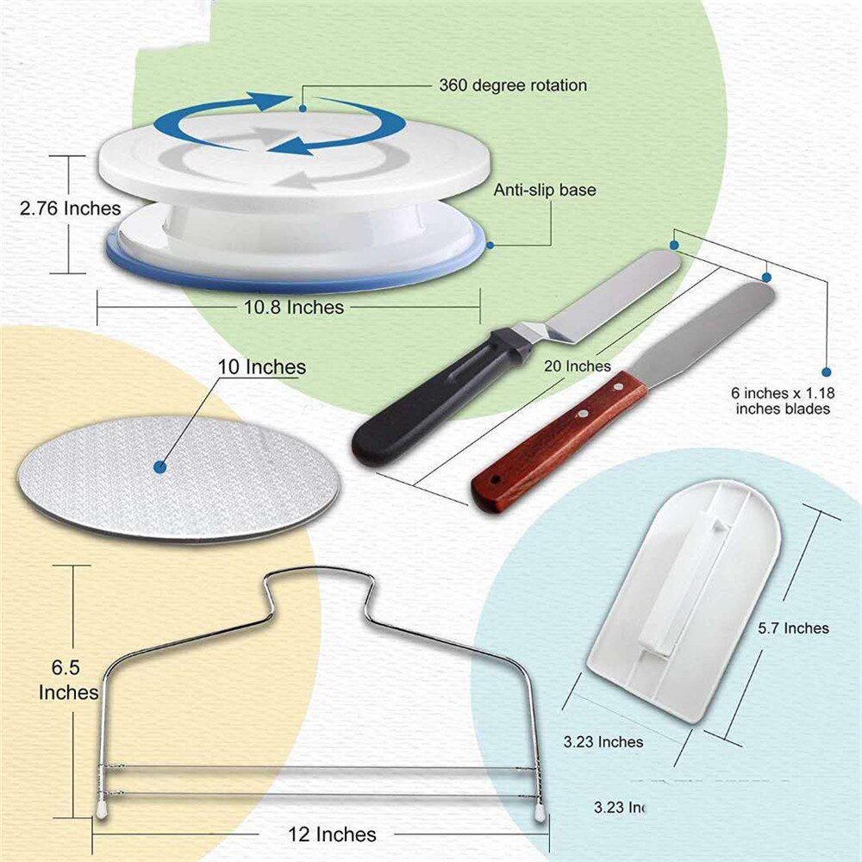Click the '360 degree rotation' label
(x=513, y=85)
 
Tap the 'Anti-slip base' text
(x=544, y=190)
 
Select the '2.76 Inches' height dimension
(x=71, y=208)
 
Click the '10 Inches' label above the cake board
(x=261, y=366)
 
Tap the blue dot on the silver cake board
(x=159, y=466)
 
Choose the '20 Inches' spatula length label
(x=578, y=366)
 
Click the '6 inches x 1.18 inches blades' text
(x=783, y=400)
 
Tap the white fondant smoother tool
(x=681, y=595)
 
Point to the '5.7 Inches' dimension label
(x=794, y=628)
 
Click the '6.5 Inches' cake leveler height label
(x=68, y=679)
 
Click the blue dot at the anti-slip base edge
(x=489, y=244)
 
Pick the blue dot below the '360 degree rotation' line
(x=303, y=109)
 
